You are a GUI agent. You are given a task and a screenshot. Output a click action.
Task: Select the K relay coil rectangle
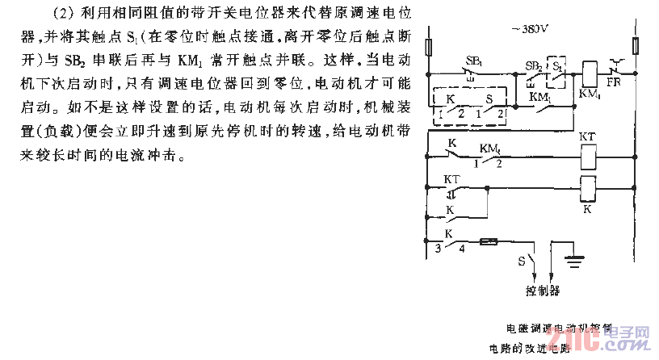coord(588,189)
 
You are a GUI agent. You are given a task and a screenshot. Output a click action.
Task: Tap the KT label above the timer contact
coord(451,179)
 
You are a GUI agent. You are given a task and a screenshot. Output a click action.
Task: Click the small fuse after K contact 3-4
coord(488,241)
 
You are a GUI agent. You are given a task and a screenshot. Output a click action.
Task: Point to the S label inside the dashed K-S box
coord(487,99)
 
